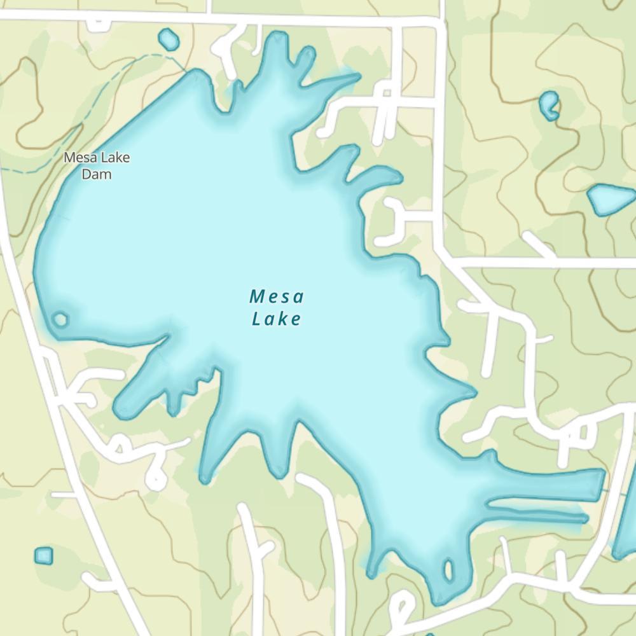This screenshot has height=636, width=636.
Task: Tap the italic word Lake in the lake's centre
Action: pos(276,319)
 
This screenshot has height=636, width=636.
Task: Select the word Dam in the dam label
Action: pos(97,174)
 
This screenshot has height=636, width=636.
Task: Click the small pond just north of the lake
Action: pos(169,39)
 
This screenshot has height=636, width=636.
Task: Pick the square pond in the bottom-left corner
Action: pos(43,556)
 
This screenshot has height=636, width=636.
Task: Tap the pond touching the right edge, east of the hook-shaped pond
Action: pos(611,199)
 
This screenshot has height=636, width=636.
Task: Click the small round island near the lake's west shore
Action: pos(60,319)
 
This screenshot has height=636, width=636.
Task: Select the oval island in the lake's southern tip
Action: pos(448,570)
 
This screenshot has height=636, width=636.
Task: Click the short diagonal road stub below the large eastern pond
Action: pos(537,244)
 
